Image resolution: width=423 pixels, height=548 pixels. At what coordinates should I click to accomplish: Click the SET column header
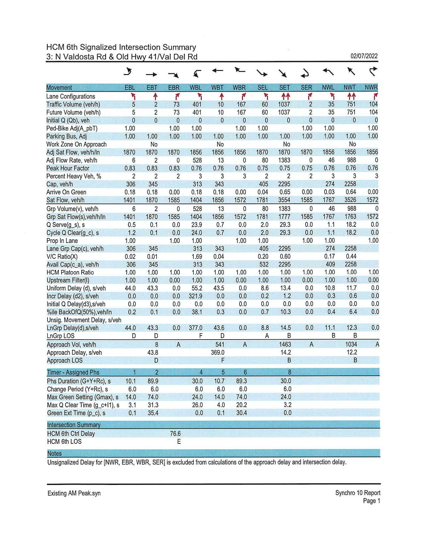284,88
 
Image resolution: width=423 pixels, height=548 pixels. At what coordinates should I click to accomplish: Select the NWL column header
328,88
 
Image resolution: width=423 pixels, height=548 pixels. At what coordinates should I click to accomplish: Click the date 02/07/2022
364,56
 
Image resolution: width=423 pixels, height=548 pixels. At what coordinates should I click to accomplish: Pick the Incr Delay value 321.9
195,296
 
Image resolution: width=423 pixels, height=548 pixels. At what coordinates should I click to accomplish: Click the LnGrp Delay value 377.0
195,328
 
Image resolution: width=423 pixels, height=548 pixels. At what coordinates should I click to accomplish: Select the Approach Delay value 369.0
218,352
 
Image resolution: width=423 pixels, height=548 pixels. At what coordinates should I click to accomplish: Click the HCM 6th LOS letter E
179,442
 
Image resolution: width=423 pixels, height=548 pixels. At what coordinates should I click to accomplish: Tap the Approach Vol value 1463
285,345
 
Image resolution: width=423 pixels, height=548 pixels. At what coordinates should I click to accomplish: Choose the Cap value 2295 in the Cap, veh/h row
284,184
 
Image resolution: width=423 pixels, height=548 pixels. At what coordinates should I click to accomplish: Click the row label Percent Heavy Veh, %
74,176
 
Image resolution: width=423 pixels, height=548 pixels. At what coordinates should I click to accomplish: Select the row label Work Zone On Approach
76,144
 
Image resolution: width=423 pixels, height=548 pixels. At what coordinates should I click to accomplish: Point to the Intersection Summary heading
74,425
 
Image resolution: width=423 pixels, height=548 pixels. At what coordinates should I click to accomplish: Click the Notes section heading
54,454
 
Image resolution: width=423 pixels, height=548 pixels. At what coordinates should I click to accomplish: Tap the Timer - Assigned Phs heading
73,372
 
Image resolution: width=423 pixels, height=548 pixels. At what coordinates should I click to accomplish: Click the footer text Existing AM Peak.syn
74,493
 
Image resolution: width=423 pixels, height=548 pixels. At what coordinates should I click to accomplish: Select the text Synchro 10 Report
358,493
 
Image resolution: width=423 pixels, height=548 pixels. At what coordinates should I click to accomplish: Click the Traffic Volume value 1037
284,104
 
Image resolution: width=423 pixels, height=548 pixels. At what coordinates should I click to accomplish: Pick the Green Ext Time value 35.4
153,413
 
